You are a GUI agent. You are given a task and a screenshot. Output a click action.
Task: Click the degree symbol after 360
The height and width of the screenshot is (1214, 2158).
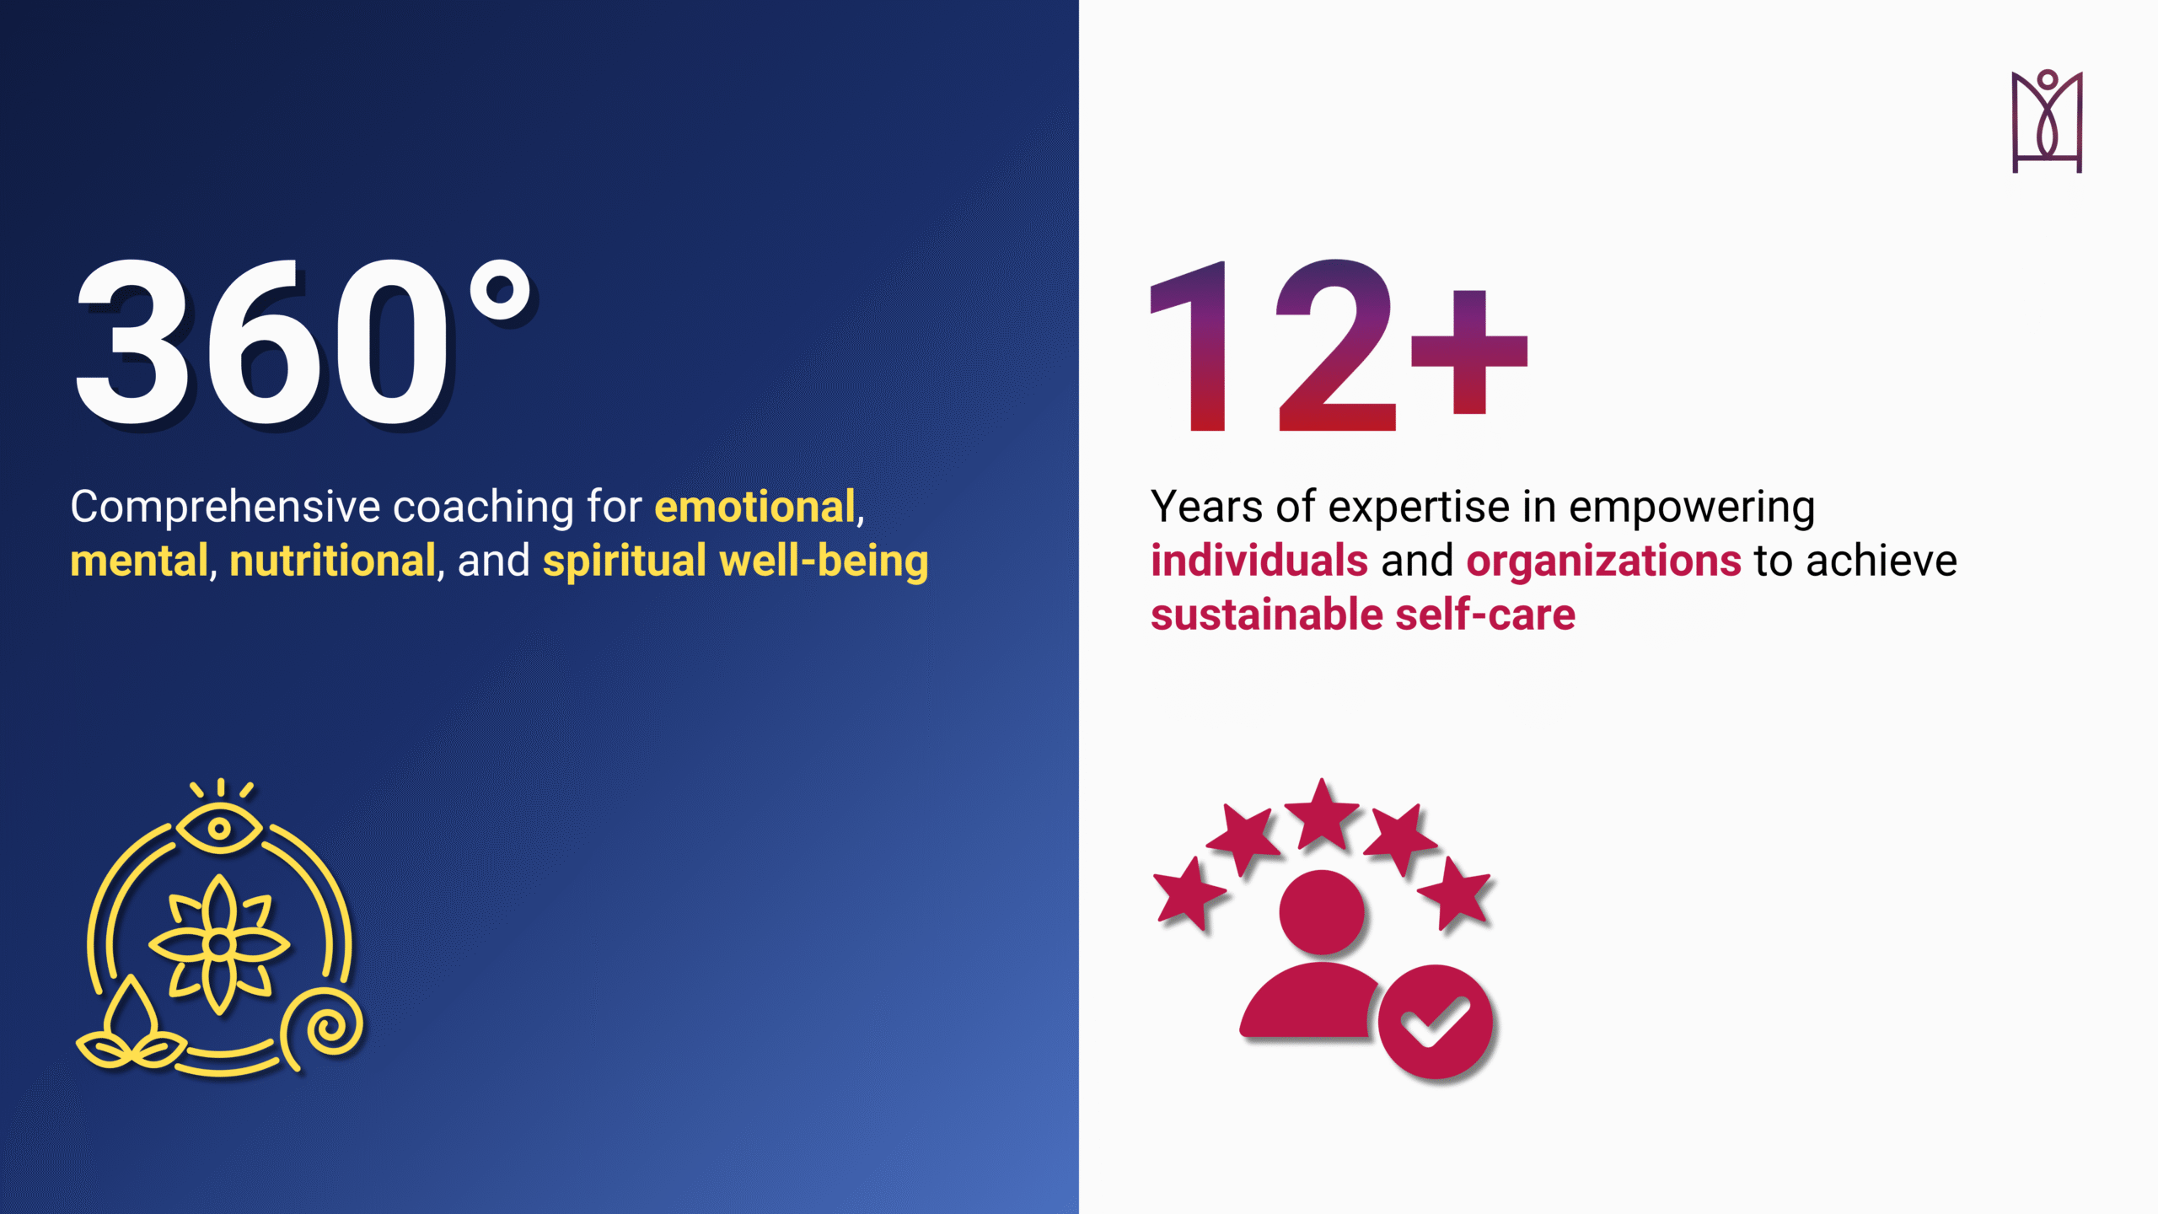coord(501,291)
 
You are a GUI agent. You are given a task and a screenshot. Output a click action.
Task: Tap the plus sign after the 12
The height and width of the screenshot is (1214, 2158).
coord(1469,352)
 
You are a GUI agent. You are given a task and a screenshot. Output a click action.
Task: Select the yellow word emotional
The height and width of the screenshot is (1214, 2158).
coord(755,507)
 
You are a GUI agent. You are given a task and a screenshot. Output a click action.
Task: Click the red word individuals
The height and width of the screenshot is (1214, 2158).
coord(1259,561)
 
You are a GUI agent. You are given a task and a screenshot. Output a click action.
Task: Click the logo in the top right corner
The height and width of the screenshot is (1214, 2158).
coord(2048,121)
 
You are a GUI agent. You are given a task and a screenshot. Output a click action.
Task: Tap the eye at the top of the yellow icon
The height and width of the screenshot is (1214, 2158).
coord(219,828)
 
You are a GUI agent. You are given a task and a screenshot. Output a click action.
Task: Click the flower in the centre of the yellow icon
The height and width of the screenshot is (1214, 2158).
coord(219,945)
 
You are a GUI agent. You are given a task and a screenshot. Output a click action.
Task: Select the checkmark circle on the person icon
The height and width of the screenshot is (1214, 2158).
coord(1435,1022)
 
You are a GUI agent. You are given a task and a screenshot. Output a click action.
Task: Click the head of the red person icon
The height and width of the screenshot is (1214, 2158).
coord(1321,912)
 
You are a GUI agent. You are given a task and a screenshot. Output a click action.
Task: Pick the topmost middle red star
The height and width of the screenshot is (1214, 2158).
coord(1321,816)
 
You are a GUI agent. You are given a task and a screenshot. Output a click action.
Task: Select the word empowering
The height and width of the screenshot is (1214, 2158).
coord(1692,508)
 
